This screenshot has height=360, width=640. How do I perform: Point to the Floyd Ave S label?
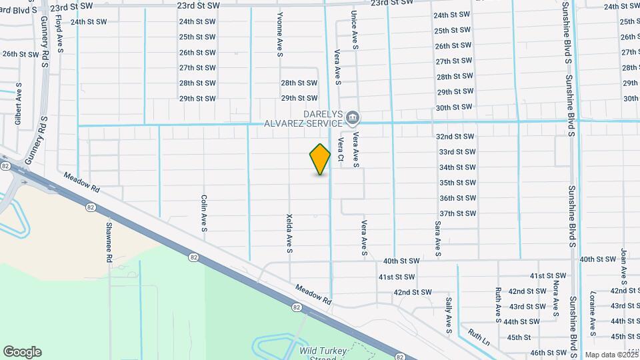pyautogui.click(x=59, y=35)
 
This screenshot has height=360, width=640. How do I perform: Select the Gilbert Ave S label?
pyautogui.click(x=19, y=104)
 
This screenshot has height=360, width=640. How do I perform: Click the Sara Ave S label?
pyautogui.click(x=438, y=239)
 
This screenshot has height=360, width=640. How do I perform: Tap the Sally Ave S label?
pyautogui.click(x=449, y=315)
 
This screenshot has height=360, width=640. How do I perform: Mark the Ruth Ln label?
pyautogui.click(x=479, y=337)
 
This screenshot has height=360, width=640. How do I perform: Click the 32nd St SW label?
pyautogui.click(x=456, y=137)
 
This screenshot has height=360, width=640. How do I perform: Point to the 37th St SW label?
pyautogui.click(x=457, y=213)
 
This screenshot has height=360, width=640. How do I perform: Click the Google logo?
pyautogui.click(x=22, y=352)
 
